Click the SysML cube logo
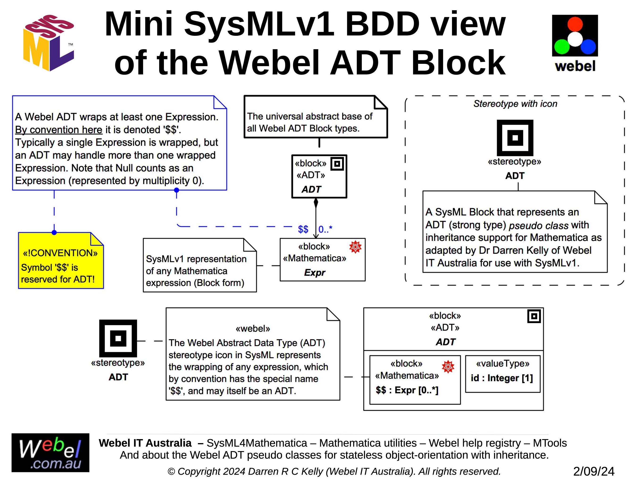[49, 43]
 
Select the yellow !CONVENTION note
[61, 261]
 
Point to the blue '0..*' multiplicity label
[325, 229]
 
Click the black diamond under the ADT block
[316, 203]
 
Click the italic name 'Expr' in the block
[315, 273]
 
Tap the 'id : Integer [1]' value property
[502, 378]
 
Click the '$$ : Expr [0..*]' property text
[407, 390]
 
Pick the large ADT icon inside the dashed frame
[515, 138]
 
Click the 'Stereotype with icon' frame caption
[515, 104]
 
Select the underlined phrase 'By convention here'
[58, 130]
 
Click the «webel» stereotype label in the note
[253, 328]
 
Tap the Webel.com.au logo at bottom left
[50, 453]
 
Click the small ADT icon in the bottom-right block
[534, 316]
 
